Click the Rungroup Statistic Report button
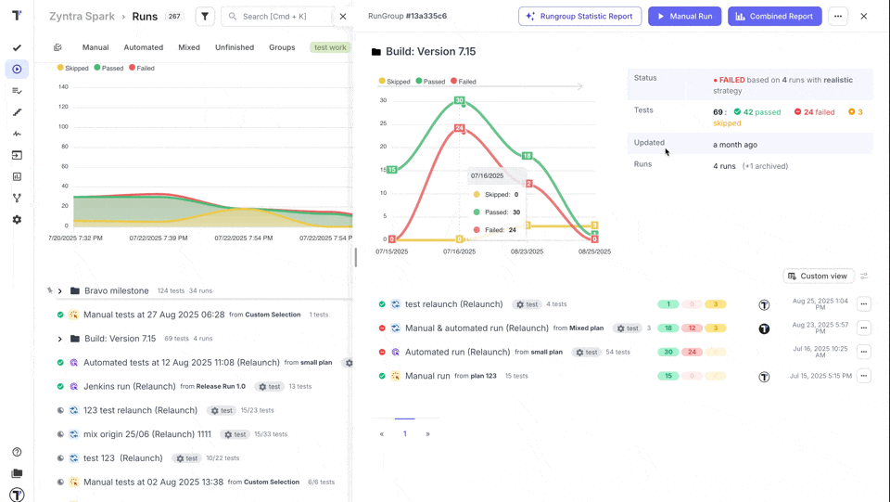(x=579, y=16)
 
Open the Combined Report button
(x=774, y=16)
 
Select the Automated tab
(x=143, y=47)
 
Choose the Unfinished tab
(x=235, y=47)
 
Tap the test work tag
(x=330, y=47)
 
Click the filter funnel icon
(x=205, y=16)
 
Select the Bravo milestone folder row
(x=116, y=290)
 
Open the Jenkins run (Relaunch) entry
(x=129, y=386)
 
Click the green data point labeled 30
(x=459, y=100)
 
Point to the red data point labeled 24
(x=459, y=128)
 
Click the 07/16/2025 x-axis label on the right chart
(x=459, y=251)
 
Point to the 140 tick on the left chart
(x=63, y=87)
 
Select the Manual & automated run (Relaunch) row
(x=477, y=328)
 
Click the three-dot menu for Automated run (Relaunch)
(x=863, y=352)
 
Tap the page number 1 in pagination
(x=404, y=433)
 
